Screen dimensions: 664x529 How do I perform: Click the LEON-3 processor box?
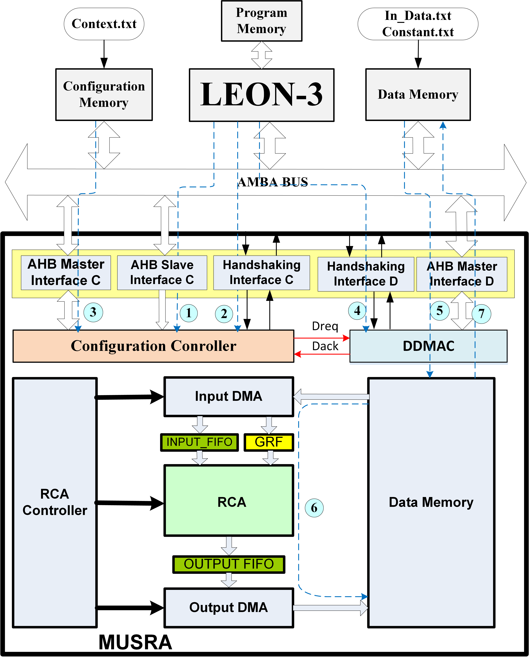point(261,95)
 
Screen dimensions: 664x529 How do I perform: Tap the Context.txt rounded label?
point(104,24)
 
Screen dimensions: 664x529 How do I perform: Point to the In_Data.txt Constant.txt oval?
point(418,24)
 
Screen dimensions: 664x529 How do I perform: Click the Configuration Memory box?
point(104,94)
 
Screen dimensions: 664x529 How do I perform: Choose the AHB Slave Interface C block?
point(162,273)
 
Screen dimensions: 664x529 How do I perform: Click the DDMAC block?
point(428,346)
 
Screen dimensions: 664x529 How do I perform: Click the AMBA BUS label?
point(273,182)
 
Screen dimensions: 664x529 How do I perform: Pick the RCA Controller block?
point(55,502)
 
